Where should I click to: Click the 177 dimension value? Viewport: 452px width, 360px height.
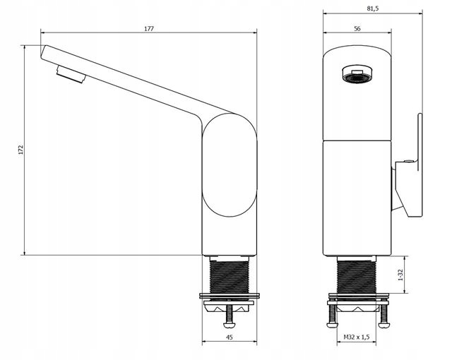coord(149,28)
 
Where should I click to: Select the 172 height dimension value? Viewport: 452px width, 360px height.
coord(20,150)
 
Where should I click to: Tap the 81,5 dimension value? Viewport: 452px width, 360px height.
coord(372,8)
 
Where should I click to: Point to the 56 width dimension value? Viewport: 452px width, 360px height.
coord(357,28)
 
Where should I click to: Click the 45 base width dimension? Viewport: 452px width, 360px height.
coord(229,337)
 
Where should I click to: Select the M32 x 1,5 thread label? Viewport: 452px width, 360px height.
coord(356,337)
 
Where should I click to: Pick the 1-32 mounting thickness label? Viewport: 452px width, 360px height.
coord(400,275)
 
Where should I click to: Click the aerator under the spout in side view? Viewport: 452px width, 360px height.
coord(71,74)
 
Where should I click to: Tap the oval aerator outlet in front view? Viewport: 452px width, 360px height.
coord(357,75)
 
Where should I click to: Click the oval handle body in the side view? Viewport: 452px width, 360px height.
coord(230,165)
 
